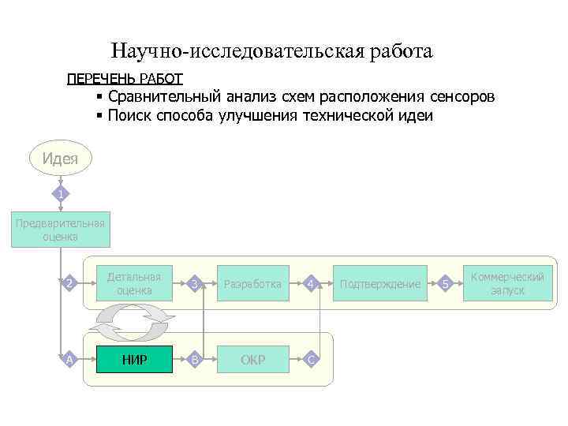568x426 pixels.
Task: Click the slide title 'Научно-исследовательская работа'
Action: pyautogui.click(x=271, y=52)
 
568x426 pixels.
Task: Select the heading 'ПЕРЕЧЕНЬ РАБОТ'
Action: pyautogui.click(x=125, y=78)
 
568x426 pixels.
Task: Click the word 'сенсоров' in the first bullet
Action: pyautogui.click(x=462, y=97)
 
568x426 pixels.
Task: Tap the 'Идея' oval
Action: pyautogui.click(x=61, y=158)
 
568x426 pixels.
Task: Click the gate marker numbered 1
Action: pyautogui.click(x=62, y=193)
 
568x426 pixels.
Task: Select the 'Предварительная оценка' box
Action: pyautogui.click(x=61, y=229)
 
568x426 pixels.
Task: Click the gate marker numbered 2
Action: pyautogui.click(x=69, y=283)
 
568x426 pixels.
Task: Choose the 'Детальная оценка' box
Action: pyautogui.click(x=134, y=283)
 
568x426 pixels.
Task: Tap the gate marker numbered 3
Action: pyautogui.click(x=196, y=283)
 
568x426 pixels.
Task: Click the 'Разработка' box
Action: pyautogui.click(x=252, y=284)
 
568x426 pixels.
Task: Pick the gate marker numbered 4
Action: pyautogui.click(x=312, y=283)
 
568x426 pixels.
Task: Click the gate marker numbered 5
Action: pyautogui.click(x=446, y=283)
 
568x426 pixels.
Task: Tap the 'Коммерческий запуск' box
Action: pyautogui.click(x=507, y=283)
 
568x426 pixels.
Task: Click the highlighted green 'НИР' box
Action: pyautogui.click(x=134, y=360)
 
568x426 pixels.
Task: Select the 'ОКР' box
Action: pyautogui.click(x=252, y=360)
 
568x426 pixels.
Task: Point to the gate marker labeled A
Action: pyautogui.click(x=69, y=360)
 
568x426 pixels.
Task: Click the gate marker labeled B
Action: pyautogui.click(x=196, y=360)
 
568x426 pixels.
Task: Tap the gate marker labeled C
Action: pyautogui.click(x=312, y=360)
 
